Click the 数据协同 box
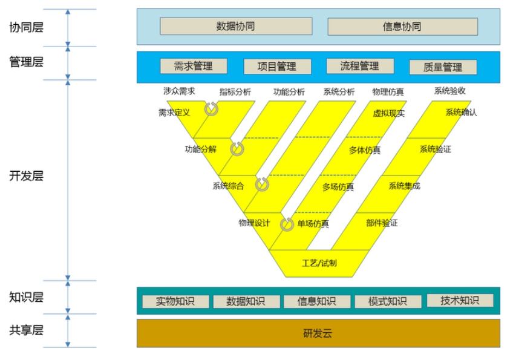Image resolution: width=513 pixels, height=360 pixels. [236, 26]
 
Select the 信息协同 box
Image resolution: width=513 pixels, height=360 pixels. [402, 27]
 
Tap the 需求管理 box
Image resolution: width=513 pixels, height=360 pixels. [194, 66]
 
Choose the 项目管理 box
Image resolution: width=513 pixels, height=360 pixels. [277, 67]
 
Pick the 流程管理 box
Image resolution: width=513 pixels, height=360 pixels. [360, 66]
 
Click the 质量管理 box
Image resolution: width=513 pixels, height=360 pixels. [443, 67]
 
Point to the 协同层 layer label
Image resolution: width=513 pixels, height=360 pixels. [26, 27]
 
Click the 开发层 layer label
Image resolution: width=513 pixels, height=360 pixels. [26, 176]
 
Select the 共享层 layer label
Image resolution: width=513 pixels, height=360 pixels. [26, 330]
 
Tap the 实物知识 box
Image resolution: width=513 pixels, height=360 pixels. [175, 301]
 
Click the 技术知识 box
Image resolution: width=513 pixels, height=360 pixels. [460, 300]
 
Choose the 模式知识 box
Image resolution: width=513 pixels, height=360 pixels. [388, 301]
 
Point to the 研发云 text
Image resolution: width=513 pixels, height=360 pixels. [318, 333]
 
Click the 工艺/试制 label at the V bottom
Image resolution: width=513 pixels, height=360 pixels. [319, 263]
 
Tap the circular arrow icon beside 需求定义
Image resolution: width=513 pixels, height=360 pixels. [211, 109]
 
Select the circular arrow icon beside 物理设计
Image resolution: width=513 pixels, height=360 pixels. [287, 224]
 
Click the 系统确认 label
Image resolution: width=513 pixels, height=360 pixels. [462, 113]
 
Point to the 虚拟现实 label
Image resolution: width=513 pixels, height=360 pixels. [388, 113]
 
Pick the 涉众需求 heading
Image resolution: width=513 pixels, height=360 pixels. [179, 91]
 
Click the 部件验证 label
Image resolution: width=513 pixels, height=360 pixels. [382, 223]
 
